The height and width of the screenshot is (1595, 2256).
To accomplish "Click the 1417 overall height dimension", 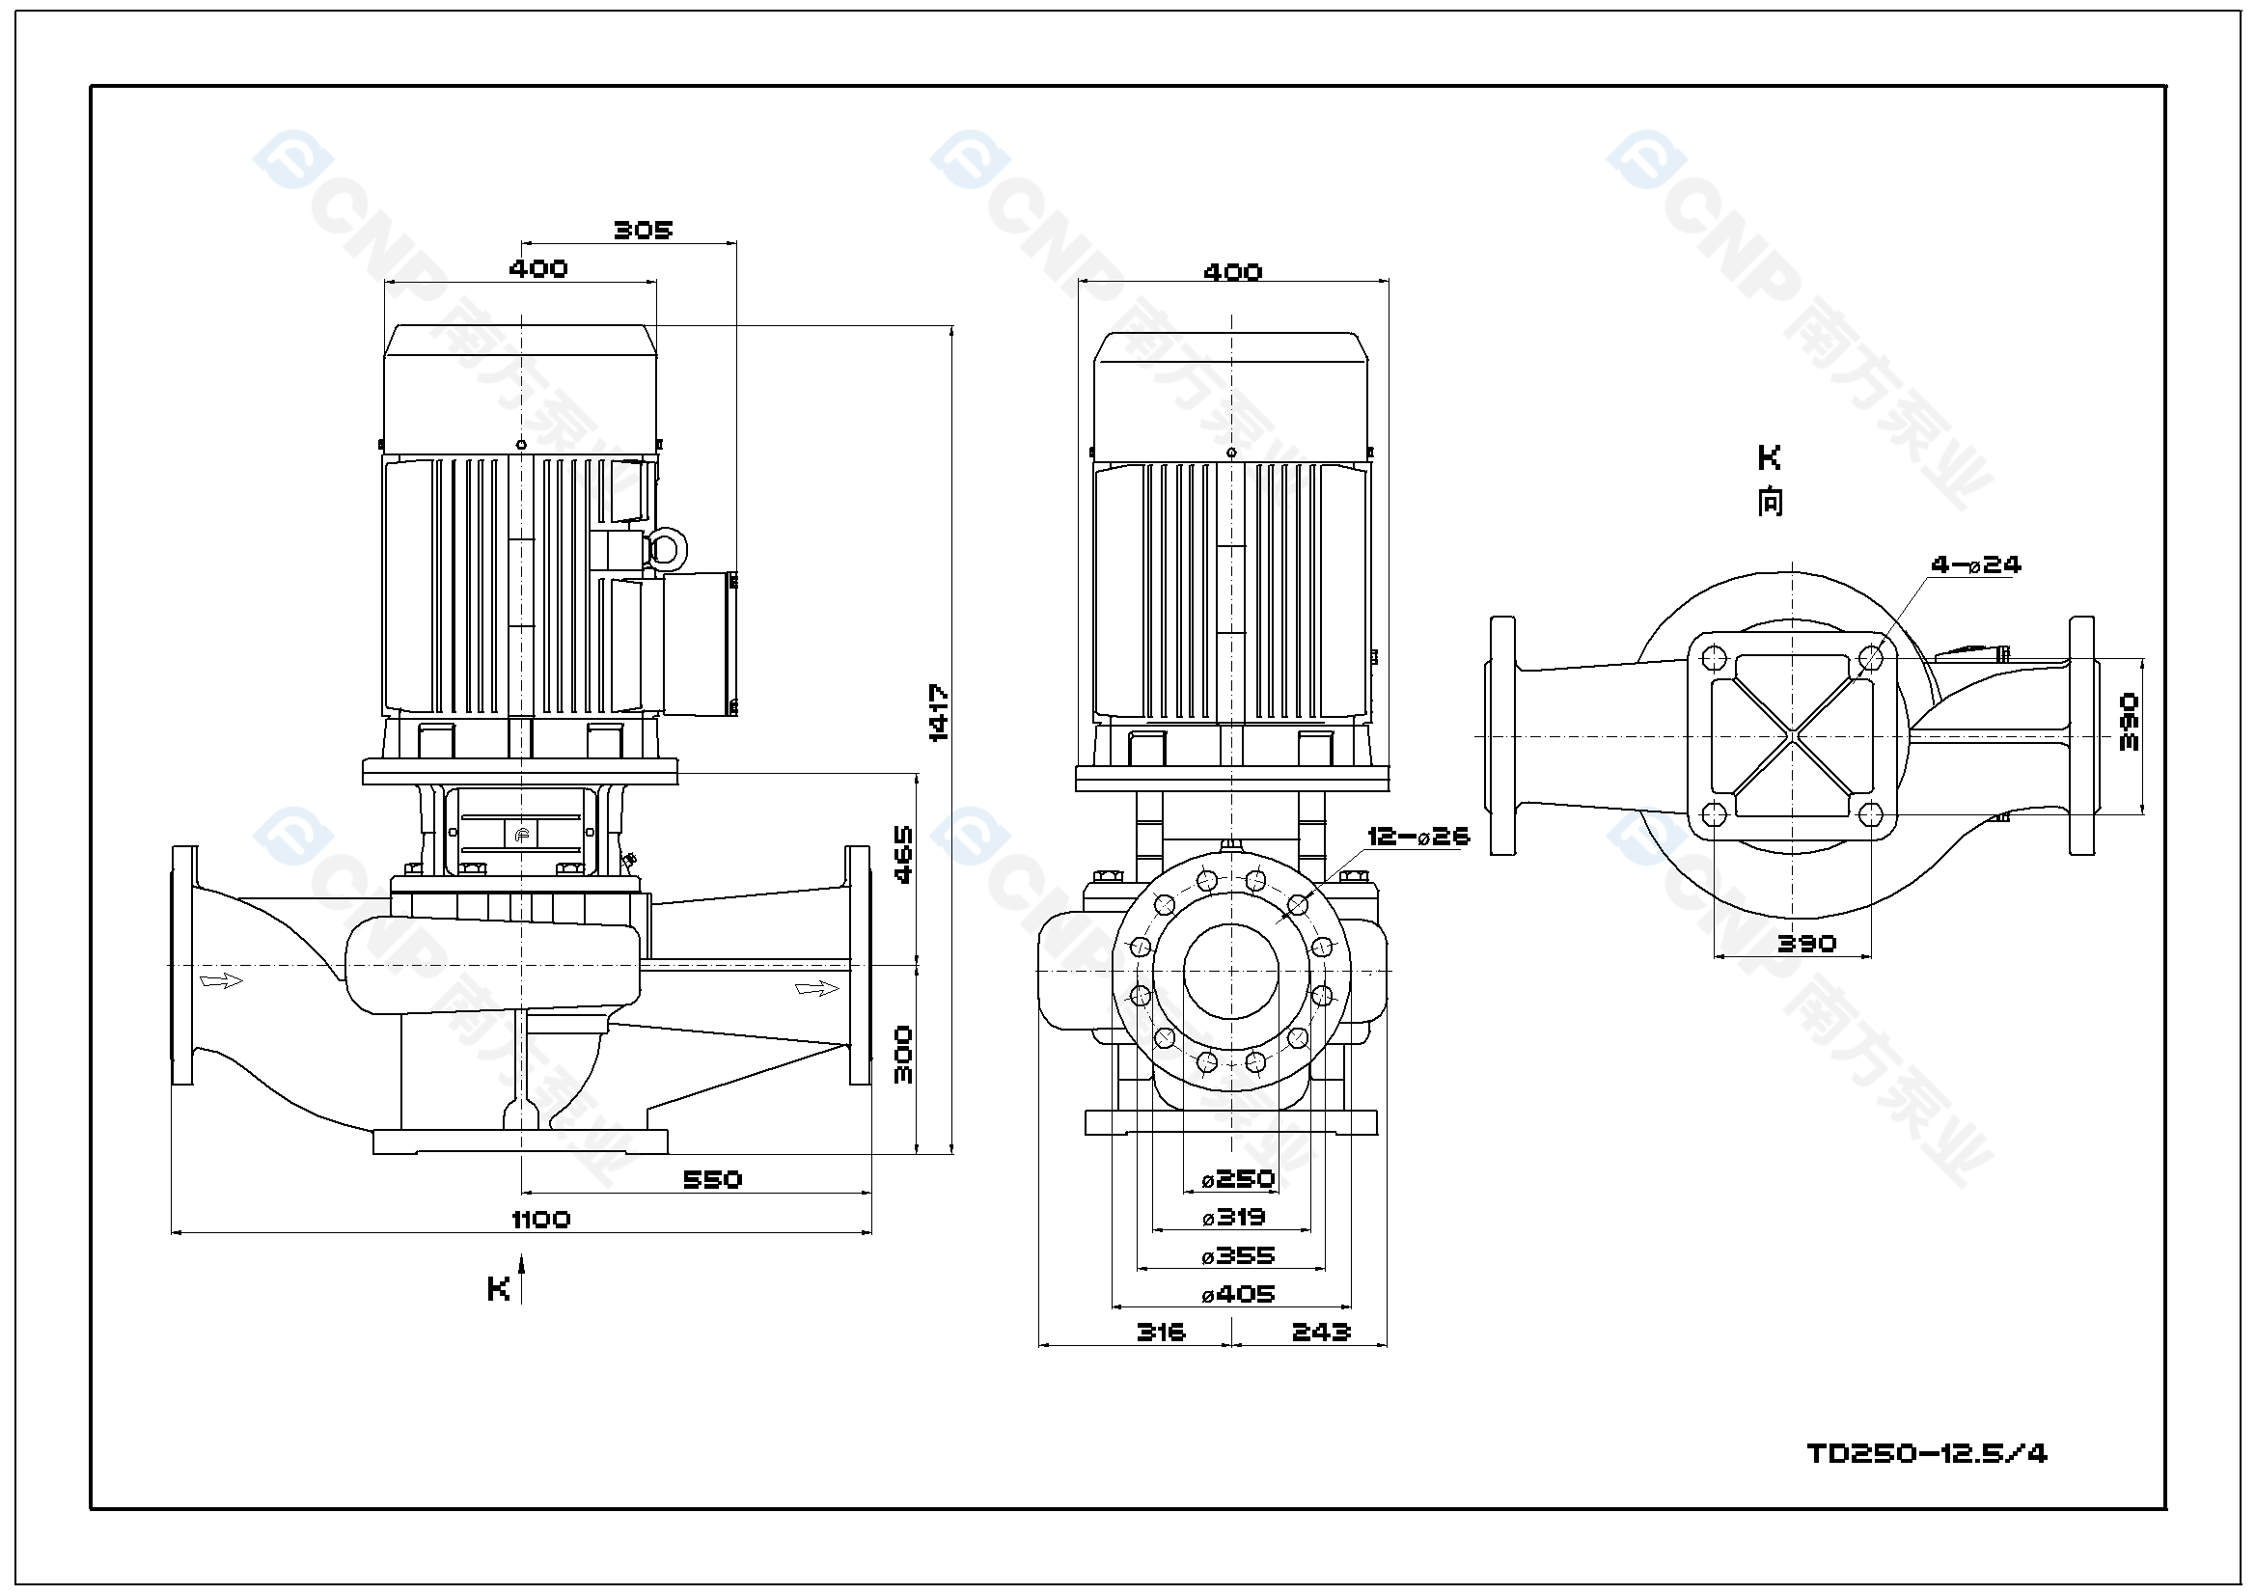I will (939, 712).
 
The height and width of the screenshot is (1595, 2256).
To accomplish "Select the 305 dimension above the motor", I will (643, 230).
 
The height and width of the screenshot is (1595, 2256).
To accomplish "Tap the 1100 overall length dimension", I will (540, 1220).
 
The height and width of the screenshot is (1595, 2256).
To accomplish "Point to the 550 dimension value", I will (712, 1179).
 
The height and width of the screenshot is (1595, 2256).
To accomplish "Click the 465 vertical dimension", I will (904, 854).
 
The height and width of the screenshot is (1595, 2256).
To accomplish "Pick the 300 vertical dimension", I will (904, 1055).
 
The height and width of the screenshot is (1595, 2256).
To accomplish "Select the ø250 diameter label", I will (1238, 1178).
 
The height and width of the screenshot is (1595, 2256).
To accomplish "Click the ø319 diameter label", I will (1234, 1218).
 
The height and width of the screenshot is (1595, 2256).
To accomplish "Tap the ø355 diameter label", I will (1238, 1256).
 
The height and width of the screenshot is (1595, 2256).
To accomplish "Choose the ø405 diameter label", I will (1238, 1294).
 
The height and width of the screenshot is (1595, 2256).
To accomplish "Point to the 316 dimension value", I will (1161, 1333).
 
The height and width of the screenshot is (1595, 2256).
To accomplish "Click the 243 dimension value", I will (1321, 1333).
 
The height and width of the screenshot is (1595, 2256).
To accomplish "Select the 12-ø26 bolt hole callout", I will (1417, 837).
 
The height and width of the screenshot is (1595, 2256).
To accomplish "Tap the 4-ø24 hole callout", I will (1975, 565).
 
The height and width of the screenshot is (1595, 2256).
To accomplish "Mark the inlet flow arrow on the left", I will (221, 979).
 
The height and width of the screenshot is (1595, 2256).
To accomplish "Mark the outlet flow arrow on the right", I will (816, 988).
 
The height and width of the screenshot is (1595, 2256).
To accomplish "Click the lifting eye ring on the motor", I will (666, 548).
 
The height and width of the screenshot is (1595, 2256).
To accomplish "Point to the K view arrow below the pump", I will (522, 1278).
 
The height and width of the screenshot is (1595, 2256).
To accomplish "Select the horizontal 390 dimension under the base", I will (1806, 944).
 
